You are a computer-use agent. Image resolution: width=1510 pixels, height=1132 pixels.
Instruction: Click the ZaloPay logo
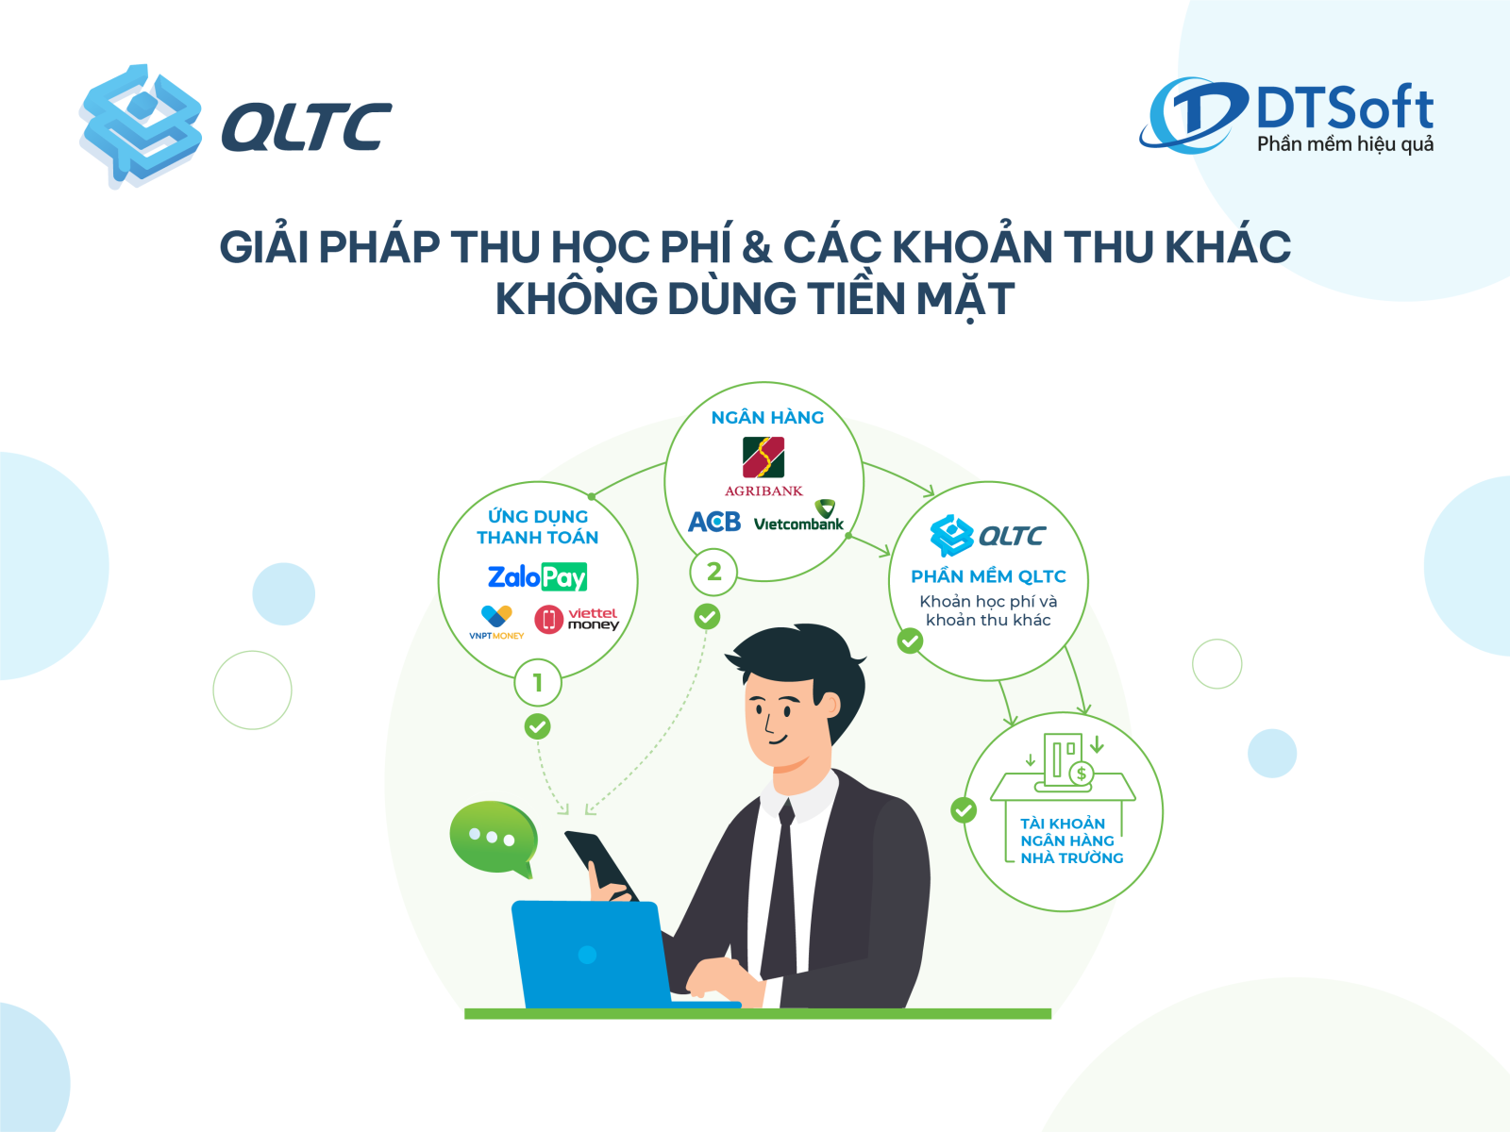click(x=537, y=577)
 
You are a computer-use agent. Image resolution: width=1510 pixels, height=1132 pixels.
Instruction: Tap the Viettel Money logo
click(x=577, y=619)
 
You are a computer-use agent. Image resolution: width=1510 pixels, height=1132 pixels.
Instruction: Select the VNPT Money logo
click(x=496, y=622)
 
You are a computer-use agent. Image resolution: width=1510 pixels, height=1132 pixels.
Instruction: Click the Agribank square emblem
click(x=763, y=458)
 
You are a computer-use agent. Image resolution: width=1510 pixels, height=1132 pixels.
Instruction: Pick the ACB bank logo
click(x=714, y=522)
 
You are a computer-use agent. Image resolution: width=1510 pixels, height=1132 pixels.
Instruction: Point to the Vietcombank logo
click(x=798, y=516)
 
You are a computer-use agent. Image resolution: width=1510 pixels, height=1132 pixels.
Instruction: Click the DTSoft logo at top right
click(x=1286, y=115)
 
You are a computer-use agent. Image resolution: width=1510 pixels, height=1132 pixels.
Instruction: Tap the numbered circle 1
click(x=538, y=682)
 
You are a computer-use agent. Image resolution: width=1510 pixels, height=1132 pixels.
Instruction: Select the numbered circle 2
click(x=714, y=571)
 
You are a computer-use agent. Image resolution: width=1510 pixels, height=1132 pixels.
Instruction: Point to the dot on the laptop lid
click(x=588, y=955)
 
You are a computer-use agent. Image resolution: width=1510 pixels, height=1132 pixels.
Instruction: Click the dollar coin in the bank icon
click(x=1082, y=774)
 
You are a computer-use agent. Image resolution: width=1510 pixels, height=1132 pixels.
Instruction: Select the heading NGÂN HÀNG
click(x=767, y=417)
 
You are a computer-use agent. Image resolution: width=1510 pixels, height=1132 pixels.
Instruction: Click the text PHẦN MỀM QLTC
click(x=988, y=576)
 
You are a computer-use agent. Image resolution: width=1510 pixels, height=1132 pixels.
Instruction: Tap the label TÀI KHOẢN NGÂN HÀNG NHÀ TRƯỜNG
click(x=1071, y=841)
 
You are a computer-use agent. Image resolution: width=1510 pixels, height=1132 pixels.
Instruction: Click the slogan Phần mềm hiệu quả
click(x=1346, y=144)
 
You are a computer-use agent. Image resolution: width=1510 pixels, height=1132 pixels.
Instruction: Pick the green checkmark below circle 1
click(x=537, y=726)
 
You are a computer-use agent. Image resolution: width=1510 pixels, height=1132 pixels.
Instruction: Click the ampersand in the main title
click(x=757, y=247)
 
